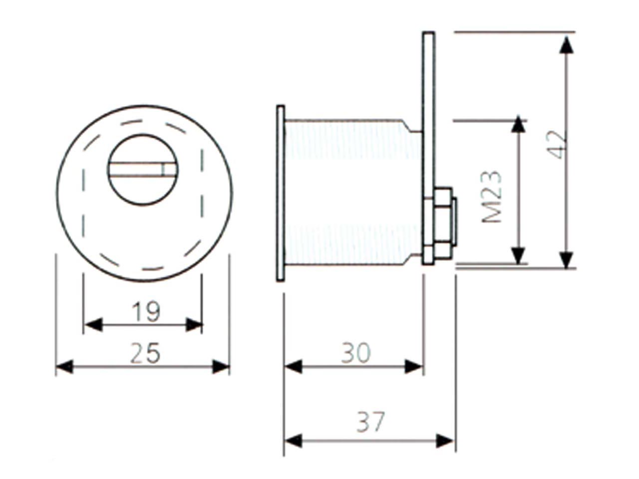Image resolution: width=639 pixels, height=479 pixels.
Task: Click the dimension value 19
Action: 146,312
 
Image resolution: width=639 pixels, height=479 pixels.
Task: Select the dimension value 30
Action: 356,353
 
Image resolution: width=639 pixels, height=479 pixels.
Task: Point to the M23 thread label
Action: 493,197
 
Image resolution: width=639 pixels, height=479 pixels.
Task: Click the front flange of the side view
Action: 280,193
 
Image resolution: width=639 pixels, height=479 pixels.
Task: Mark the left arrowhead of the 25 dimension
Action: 64,367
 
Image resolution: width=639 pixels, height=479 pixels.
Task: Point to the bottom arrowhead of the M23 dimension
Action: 519,255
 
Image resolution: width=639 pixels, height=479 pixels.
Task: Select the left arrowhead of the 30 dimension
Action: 294,367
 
